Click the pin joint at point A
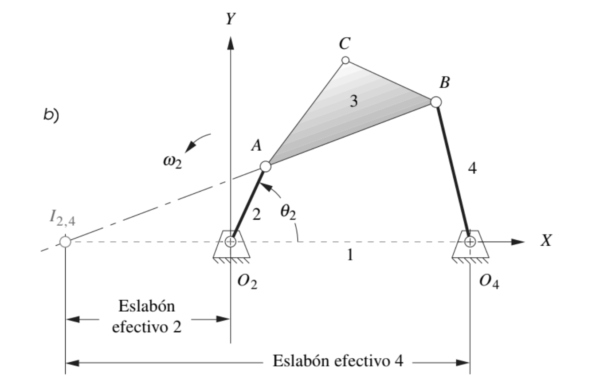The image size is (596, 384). click(265, 167)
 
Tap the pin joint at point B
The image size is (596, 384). click(435, 102)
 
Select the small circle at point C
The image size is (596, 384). click(345, 60)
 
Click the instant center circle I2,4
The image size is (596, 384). click(65, 242)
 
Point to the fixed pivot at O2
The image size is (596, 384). click(231, 242)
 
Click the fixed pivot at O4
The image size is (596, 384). click(470, 242)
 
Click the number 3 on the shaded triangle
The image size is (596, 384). click(353, 102)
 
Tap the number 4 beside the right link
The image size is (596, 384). click(472, 168)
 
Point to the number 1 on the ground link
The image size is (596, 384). click(349, 256)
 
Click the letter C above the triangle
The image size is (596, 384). click(344, 43)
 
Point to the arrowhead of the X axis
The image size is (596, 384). click(519, 242)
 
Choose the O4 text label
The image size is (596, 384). click(489, 282)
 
